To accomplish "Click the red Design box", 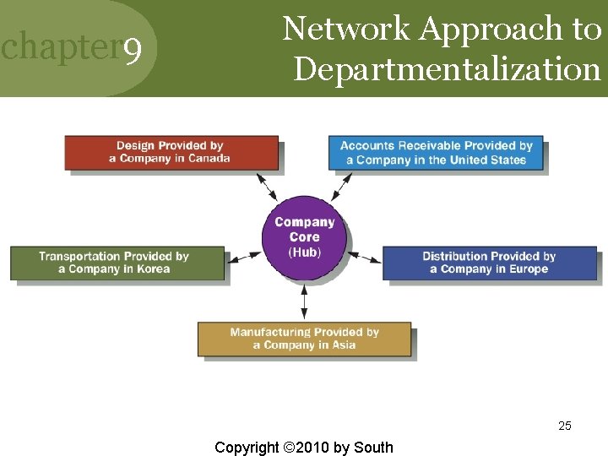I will pos(171,153).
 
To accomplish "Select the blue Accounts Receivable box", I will pos(436,153).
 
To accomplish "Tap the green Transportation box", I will pos(117,263).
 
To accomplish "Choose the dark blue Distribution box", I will pos(489,263).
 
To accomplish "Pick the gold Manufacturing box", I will pos(304,339).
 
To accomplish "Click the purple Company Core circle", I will pos(305,233).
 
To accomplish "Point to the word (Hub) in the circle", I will pos(305,252).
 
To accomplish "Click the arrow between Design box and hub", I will pos(268,185).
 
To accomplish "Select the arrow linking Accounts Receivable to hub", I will pos(342,185).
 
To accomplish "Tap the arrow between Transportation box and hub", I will pos(245,256).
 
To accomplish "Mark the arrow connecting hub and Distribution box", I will pos(365,256).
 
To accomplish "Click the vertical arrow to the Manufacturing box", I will pos(304,301).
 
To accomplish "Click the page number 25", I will pos(565,426).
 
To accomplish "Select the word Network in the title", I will pos(346,29).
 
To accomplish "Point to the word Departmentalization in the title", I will pos(447,68).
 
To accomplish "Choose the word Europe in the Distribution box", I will pos(529,269).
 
